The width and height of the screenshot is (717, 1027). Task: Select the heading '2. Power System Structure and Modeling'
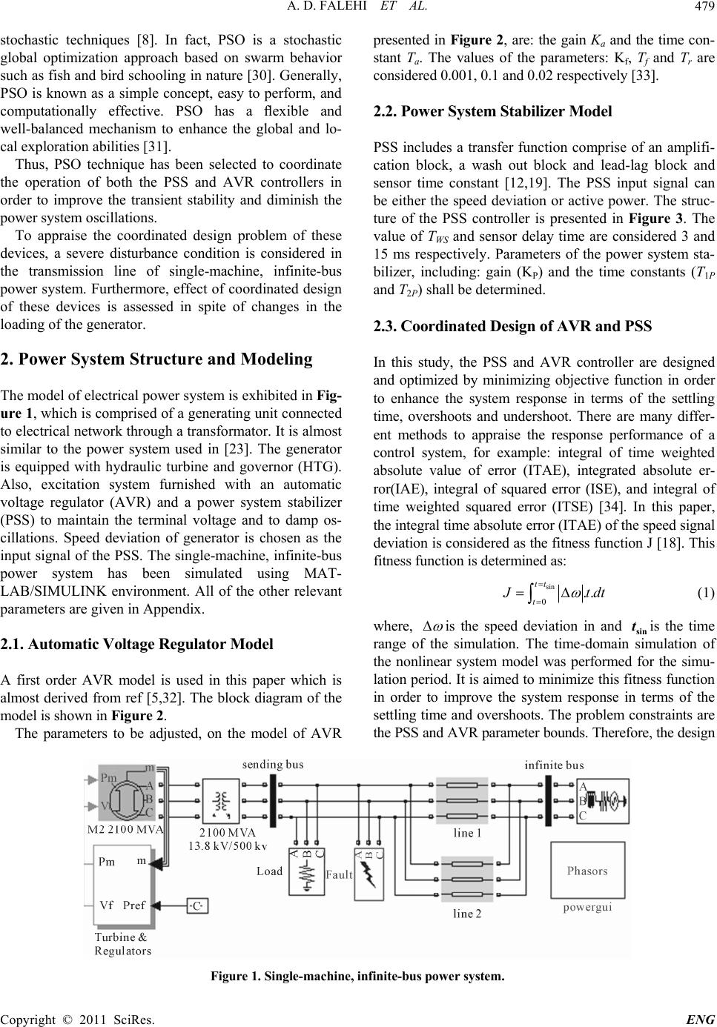click(x=158, y=360)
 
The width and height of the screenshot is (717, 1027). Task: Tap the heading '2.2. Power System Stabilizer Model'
click(x=494, y=112)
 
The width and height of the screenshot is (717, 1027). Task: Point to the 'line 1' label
click(x=468, y=833)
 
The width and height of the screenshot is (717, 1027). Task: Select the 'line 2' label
click(x=468, y=914)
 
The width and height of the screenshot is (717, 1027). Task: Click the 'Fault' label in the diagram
click(x=339, y=874)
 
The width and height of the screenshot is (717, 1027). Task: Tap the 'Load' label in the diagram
click(x=270, y=870)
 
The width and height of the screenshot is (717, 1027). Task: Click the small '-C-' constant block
click(x=197, y=905)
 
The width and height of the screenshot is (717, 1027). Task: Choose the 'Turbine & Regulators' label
click(x=122, y=943)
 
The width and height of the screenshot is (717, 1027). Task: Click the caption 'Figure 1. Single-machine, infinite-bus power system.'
click(x=357, y=975)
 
